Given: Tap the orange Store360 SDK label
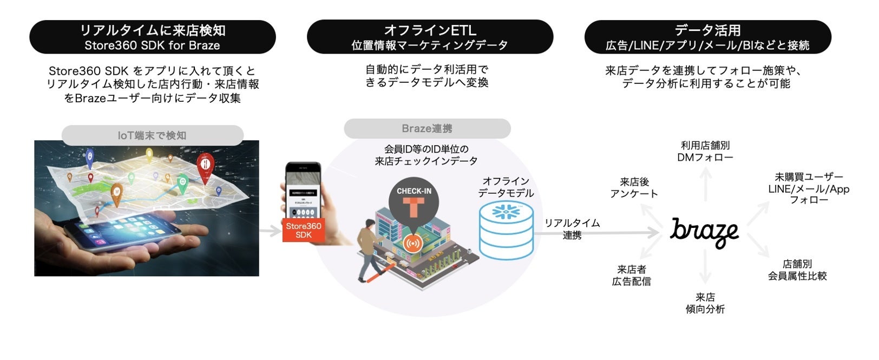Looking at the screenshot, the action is (x=304, y=230).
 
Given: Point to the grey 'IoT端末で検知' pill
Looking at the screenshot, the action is (x=152, y=135).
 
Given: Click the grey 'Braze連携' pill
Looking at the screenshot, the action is (x=427, y=129).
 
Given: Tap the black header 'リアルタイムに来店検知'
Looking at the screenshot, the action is (x=152, y=37).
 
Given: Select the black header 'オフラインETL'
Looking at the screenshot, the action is (x=430, y=37).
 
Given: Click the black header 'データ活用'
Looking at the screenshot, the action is (x=707, y=37).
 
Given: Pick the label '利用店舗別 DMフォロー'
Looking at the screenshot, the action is (x=705, y=152).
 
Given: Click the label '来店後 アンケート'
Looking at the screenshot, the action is (x=634, y=188).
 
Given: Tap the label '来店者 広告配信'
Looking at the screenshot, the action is (x=631, y=275).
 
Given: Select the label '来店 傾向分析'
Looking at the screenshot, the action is (x=705, y=303).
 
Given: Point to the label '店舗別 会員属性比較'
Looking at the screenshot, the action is (x=797, y=270).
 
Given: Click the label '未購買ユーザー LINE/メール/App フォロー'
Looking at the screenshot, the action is (x=809, y=188).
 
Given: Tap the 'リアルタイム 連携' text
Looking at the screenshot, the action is (x=572, y=228).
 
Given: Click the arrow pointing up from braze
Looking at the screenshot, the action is (x=705, y=184).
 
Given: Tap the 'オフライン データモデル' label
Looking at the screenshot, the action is (x=506, y=187).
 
